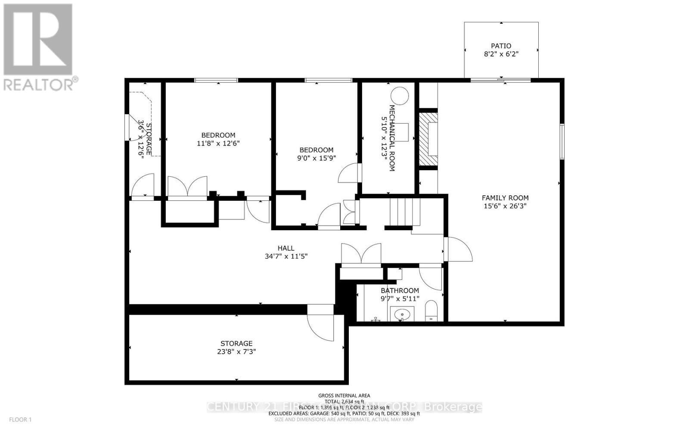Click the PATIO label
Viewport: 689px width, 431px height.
click(501, 46)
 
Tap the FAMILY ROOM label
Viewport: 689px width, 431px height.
click(505, 198)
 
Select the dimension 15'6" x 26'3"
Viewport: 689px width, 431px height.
click(505, 206)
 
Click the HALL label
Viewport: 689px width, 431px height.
click(286, 248)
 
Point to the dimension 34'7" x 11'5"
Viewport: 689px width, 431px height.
click(286, 256)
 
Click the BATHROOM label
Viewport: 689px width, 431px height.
click(400, 290)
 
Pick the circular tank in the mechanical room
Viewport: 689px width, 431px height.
click(400, 96)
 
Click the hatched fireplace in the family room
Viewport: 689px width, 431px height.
click(429, 139)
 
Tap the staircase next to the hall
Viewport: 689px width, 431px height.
click(404, 212)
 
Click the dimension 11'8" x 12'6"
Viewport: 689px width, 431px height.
click(218, 144)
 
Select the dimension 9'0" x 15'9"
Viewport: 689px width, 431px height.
click(317, 158)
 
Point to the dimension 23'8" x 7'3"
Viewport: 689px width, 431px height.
click(236, 352)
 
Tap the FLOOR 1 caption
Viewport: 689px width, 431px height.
click(21, 419)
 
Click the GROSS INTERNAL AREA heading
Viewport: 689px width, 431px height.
click(344, 396)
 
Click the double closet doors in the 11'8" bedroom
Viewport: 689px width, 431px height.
click(187, 187)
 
